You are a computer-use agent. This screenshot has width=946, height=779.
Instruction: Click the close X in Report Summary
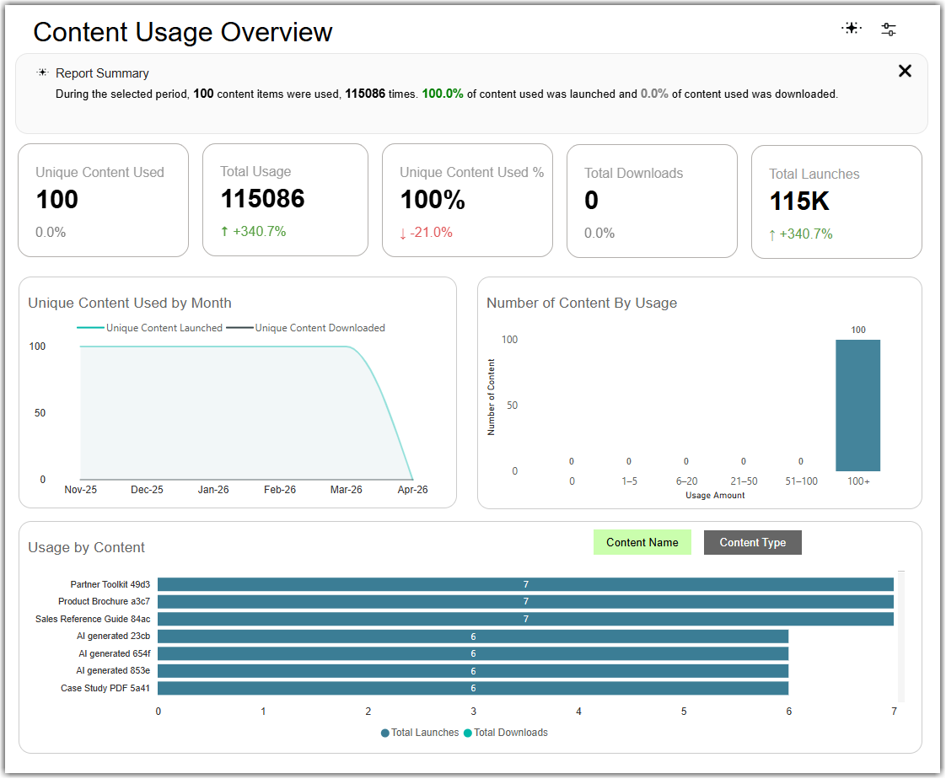(905, 71)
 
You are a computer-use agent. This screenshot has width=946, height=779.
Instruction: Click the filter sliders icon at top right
(888, 29)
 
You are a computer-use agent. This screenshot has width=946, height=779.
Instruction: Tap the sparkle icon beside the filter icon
(852, 28)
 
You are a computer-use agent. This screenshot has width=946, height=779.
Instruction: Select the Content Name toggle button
(642, 542)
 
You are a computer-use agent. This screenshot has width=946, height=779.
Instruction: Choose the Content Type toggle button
(752, 542)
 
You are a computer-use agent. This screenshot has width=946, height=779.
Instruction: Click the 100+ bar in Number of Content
(857, 405)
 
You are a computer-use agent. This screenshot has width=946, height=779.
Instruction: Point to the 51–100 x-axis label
(801, 481)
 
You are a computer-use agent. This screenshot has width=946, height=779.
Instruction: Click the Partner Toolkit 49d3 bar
(525, 584)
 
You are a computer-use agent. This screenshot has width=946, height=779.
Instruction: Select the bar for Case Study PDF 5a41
(473, 688)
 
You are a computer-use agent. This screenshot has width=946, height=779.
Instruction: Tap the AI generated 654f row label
(115, 653)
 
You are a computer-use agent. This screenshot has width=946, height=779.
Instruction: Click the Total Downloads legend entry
(506, 733)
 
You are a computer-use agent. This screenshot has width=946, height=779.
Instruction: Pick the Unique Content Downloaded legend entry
(305, 328)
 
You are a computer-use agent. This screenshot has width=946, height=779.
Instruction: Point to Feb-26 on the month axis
(280, 489)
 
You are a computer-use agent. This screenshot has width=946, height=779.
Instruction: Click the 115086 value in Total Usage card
(262, 198)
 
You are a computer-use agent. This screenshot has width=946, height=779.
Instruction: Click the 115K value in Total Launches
(799, 201)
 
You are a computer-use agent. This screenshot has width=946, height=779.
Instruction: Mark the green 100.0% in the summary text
(443, 94)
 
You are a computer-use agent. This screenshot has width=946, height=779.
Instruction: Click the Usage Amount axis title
(715, 496)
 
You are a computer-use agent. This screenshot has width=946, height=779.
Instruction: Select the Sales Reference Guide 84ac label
(93, 619)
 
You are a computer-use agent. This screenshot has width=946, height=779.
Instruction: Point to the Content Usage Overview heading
(183, 32)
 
